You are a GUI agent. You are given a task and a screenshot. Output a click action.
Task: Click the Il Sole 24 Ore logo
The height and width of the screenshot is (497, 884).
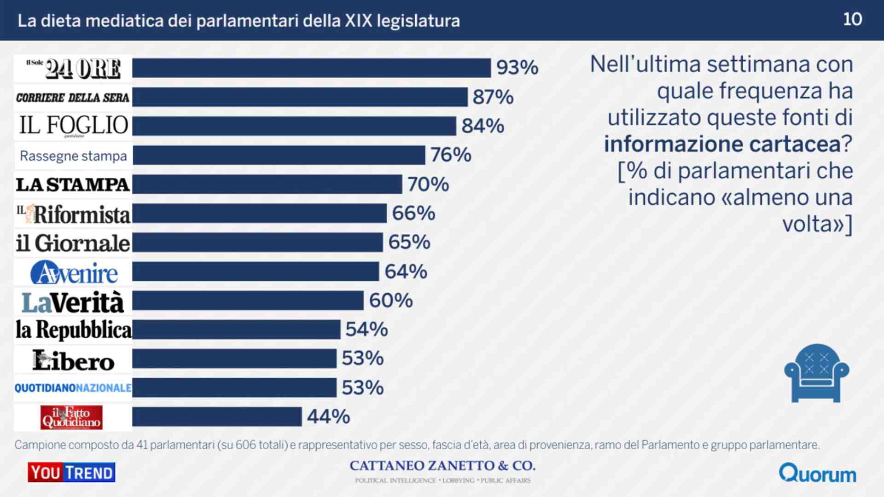74,68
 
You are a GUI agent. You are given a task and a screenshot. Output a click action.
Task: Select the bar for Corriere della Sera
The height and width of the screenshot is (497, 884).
299,97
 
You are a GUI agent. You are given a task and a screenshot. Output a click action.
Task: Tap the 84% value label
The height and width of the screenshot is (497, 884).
483,126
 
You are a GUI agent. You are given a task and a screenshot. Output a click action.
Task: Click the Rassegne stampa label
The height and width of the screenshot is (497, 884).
73,156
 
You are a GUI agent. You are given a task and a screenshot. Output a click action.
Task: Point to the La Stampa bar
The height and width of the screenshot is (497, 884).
267,185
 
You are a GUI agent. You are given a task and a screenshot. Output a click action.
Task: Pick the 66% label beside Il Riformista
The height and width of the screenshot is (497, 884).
413,214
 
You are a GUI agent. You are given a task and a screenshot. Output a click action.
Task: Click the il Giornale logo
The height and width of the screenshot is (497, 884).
73,243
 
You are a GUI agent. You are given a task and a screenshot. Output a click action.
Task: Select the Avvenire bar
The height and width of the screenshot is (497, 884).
256,272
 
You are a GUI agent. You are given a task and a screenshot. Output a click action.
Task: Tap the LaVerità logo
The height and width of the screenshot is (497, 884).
73,302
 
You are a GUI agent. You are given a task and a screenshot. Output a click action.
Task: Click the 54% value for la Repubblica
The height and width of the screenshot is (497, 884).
366,329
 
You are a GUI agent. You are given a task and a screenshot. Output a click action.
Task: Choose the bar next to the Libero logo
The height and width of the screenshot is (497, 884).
234,358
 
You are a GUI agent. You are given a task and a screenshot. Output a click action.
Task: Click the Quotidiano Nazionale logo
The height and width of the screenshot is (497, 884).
73,388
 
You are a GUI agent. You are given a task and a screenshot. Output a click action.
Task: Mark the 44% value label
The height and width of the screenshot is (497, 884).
328,417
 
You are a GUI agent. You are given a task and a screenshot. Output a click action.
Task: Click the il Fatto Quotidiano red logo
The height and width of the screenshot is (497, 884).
71,417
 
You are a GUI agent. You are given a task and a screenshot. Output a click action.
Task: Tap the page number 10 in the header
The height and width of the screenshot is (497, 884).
852,19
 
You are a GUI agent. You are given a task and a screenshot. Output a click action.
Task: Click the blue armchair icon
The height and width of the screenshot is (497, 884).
816,373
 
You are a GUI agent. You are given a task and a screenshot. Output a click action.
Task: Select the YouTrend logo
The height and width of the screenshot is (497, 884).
71,473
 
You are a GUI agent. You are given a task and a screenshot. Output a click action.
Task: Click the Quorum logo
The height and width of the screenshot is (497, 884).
817,474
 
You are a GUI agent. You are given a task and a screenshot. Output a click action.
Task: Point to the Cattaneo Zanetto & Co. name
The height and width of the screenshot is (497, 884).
442,466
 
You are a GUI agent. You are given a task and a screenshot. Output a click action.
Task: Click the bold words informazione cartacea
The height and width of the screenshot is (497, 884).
722,144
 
